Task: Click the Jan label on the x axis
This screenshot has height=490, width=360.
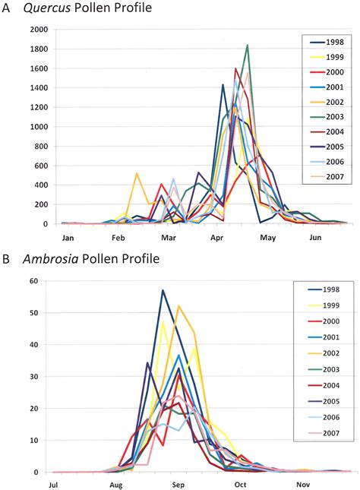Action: click(x=67, y=237)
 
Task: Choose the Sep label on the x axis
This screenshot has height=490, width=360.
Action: click(x=178, y=484)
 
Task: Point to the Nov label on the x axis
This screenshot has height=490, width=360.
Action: click(x=303, y=484)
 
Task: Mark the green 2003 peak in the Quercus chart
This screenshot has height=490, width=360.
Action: click(x=248, y=46)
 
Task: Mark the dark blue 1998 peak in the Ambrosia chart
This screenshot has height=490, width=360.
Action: click(x=163, y=290)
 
